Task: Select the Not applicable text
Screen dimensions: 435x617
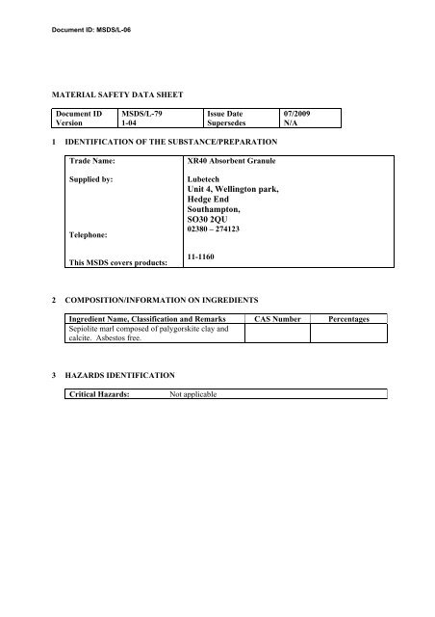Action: coord(192,393)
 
